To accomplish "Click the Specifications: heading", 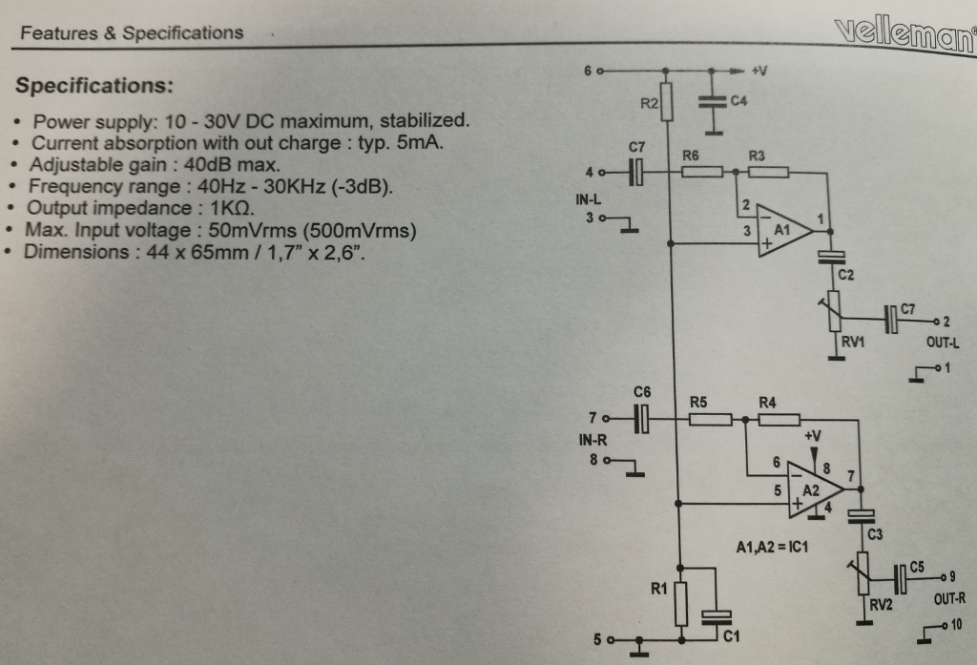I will pos(94,86).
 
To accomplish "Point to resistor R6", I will pos(702,172).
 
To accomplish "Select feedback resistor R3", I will pos(768,172).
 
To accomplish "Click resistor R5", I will pos(711,419).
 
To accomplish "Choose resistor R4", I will pos(780,419).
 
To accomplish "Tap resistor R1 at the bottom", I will pos(680,604).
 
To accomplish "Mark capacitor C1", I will pos(717,618).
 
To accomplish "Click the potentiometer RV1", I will pos(836,315).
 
